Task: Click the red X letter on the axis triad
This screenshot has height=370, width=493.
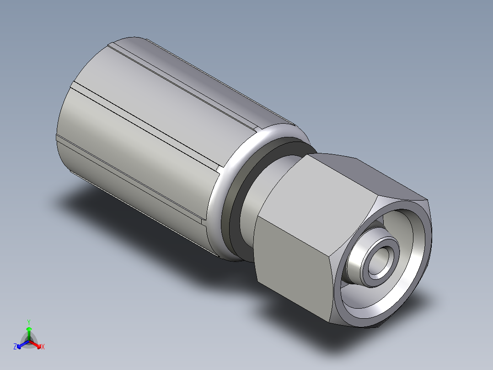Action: pos(43,347)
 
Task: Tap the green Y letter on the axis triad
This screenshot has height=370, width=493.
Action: pos(29,322)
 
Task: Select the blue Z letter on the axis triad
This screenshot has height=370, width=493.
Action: pos(15,347)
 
